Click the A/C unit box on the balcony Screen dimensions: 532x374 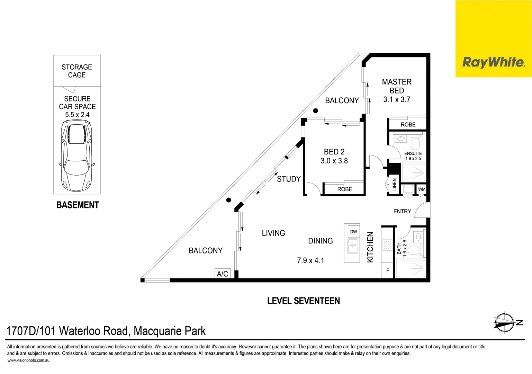coord(223,273)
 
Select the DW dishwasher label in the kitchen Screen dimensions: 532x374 coord(354,232)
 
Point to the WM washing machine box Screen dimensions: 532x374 coord(422,189)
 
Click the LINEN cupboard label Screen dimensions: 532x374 coord(394,184)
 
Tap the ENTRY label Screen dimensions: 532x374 coord(402,211)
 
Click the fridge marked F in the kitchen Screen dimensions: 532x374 coord(388,270)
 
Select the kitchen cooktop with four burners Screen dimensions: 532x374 coord(387,245)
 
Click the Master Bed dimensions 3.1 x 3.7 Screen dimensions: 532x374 coord(397,99)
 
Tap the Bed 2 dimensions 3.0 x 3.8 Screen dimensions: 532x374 coord(334,161)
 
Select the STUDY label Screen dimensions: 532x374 coord(289,179)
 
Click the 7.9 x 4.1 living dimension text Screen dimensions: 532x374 coord(310,260)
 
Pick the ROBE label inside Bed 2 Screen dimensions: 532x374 coord(345,189)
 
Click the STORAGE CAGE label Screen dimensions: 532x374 coord(77,71)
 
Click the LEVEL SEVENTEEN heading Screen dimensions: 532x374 coord(304,301)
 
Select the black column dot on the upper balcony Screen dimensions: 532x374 coord(315,111)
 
